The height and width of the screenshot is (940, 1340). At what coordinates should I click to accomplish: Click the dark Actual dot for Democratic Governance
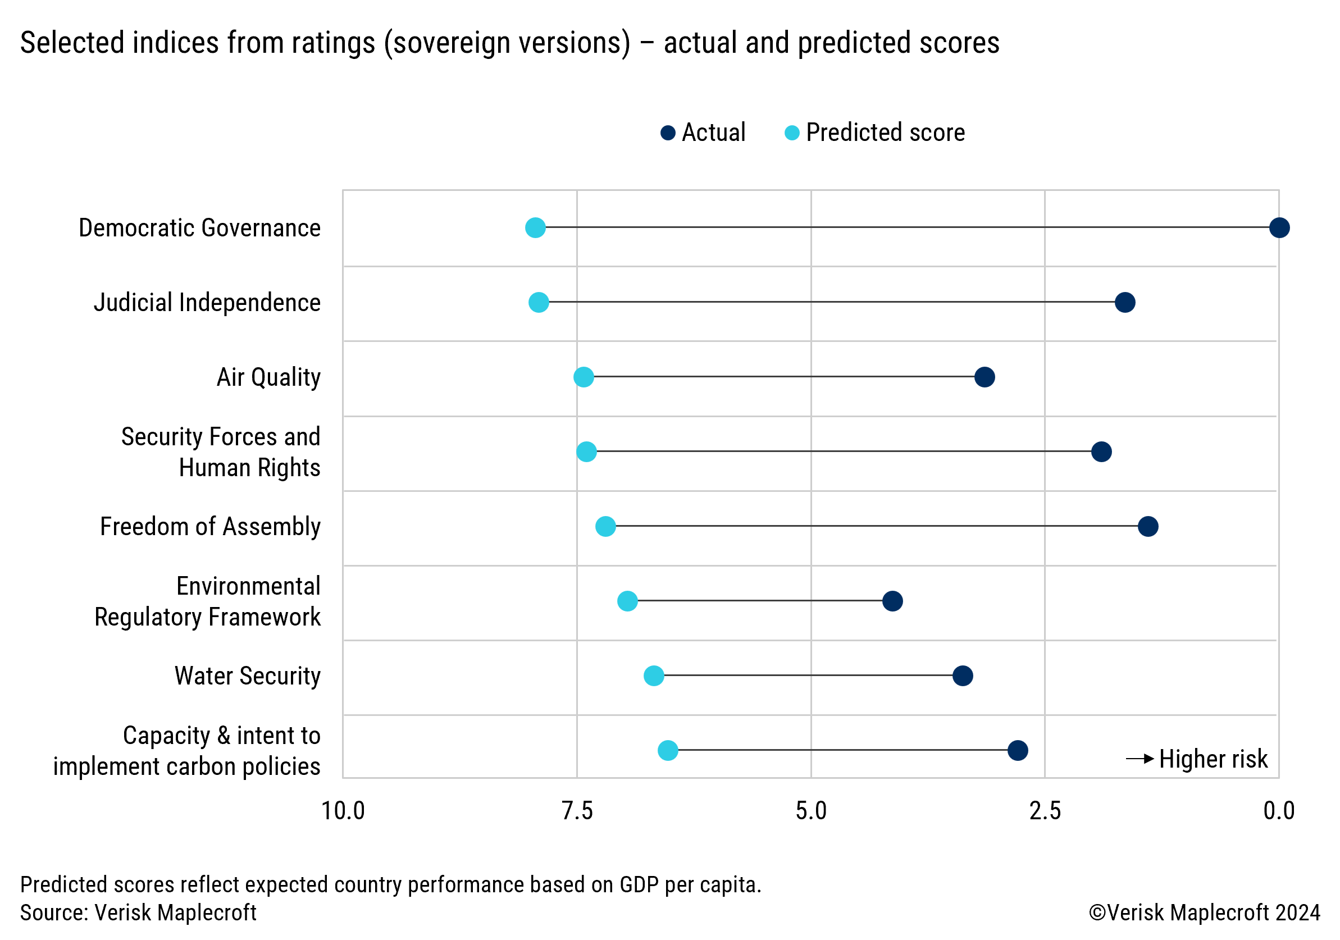click(x=1279, y=227)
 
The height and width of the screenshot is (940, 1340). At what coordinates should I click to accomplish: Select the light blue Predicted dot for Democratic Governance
click(x=535, y=227)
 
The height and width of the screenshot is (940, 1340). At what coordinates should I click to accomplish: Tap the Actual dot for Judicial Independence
click(x=1125, y=302)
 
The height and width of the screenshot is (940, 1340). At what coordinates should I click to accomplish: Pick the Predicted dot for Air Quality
click(x=584, y=377)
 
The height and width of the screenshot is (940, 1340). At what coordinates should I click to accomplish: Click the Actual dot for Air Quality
click(x=985, y=377)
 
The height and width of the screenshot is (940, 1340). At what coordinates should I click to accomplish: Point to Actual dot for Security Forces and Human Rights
click(x=1101, y=451)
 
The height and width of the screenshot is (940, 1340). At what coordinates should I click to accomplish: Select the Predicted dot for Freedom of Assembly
click(x=605, y=526)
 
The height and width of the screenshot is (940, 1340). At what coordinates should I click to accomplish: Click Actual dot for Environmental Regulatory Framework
click(x=892, y=601)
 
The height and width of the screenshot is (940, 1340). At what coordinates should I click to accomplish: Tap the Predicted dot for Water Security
click(x=654, y=676)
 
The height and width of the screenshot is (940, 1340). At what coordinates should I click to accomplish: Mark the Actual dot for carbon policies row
click(x=1018, y=750)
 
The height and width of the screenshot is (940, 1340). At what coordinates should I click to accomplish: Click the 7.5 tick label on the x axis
click(x=577, y=811)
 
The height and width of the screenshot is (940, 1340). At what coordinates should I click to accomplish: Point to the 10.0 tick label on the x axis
click(x=343, y=811)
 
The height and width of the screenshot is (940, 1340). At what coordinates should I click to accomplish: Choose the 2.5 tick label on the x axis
click(x=1045, y=811)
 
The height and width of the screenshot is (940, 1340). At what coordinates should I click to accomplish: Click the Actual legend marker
click(x=668, y=133)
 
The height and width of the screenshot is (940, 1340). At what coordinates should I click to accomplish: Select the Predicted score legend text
click(x=885, y=133)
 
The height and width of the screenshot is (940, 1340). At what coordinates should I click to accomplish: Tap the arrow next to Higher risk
click(x=1140, y=759)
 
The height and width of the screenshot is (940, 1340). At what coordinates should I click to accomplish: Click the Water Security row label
click(x=248, y=676)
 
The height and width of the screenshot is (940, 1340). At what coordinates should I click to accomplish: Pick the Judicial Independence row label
click(x=207, y=302)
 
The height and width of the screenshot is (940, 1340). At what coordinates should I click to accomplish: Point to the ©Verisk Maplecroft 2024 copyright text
click(x=1205, y=912)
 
